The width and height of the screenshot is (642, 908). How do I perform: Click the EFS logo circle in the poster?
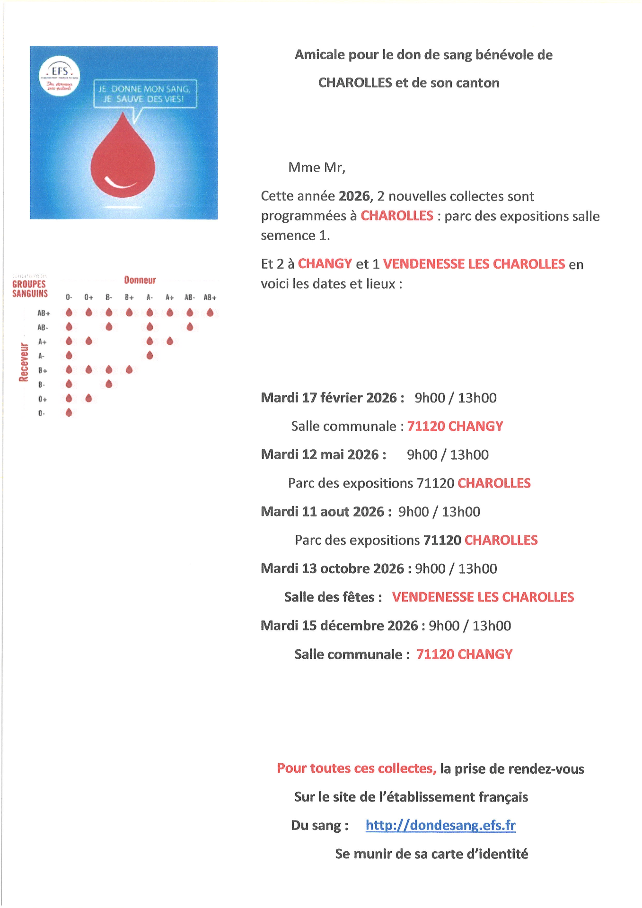point(59,76)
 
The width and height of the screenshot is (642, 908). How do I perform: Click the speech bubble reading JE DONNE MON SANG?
point(145,94)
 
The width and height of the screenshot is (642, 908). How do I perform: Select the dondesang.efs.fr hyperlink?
point(440,825)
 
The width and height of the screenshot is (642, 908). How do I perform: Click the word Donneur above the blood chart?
point(140,280)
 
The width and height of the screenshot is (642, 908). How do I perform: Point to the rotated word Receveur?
point(24,362)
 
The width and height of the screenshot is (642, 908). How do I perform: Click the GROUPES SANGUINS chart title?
point(30,288)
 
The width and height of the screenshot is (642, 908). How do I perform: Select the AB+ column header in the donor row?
point(210,297)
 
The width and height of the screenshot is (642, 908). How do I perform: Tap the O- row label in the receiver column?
point(42,413)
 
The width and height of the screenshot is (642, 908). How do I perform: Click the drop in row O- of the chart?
point(69,412)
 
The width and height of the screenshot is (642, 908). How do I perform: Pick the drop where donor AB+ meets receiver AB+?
point(210,313)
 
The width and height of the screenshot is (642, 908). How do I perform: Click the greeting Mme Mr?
point(317,167)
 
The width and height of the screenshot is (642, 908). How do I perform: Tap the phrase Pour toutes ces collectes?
point(356,768)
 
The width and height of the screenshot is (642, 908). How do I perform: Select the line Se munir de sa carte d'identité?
point(431,854)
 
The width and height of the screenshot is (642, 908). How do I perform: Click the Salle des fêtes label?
point(333,597)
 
